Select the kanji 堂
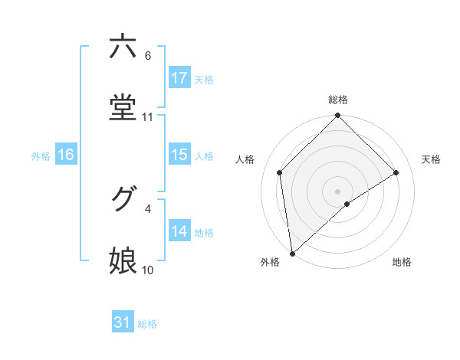click(123, 107)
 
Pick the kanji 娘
click(123, 261)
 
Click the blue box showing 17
click(179, 78)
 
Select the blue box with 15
click(179, 155)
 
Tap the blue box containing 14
click(179, 231)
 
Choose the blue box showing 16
click(66, 155)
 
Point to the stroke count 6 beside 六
click(148, 56)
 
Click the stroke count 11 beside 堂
click(148, 117)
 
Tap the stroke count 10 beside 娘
click(148, 270)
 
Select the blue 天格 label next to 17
click(204, 79)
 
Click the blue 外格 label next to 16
click(41, 155)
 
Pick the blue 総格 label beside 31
click(147, 324)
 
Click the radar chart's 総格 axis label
click(338, 100)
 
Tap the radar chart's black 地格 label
click(402, 262)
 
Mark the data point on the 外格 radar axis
click(291, 254)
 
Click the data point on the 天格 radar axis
click(396, 172)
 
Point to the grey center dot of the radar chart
click(338, 191)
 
